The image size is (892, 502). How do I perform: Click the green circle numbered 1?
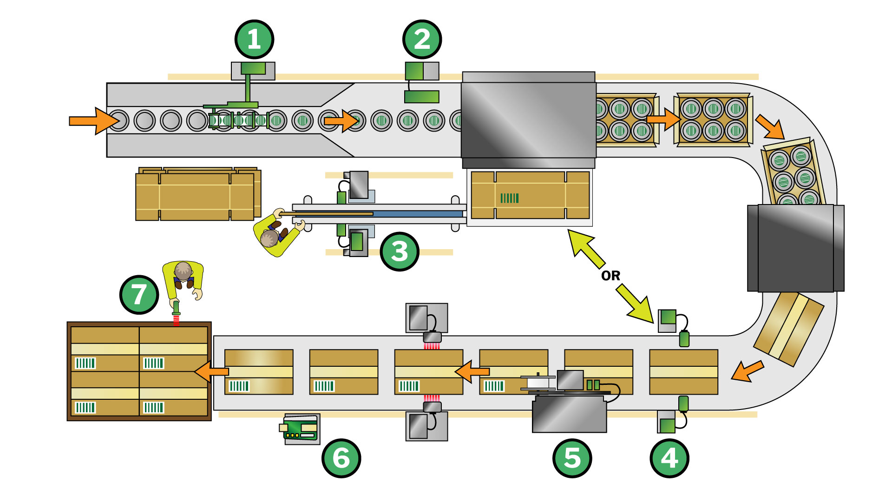[x=254, y=40]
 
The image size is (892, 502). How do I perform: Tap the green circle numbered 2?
[x=422, y=40]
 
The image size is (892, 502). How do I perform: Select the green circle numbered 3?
[x=400, y=251]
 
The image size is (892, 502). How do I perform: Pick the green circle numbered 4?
[x=669, y=458]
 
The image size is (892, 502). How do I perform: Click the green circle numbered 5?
[x=572, y=458]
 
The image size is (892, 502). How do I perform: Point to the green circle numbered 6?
[x=341, y=458]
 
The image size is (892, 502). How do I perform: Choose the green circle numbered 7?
[x=139, y=294]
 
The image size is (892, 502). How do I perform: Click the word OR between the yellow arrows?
[x=610, y=276]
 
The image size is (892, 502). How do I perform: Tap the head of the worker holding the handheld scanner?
[x=183, y=271]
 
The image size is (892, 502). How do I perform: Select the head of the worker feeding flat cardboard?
[x=269, y=239]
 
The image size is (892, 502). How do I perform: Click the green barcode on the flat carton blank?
[x=509, y=198]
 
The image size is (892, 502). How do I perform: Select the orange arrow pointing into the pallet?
[x=212, y=372]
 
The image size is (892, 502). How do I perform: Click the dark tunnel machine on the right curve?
[x=795, y=248]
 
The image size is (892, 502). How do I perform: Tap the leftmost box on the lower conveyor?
[x=259, y=372]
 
